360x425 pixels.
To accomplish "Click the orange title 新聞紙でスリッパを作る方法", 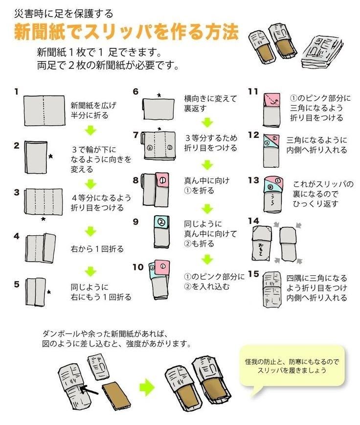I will [126, 32].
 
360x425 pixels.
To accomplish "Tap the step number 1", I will [16, 91].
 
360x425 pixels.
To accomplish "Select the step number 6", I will [135, 91].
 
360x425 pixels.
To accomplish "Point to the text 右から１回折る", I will [97, 249].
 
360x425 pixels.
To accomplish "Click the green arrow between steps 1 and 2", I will [90, 130].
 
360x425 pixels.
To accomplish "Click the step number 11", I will [253, 91].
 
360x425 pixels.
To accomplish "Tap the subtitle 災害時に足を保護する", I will [64, 13].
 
